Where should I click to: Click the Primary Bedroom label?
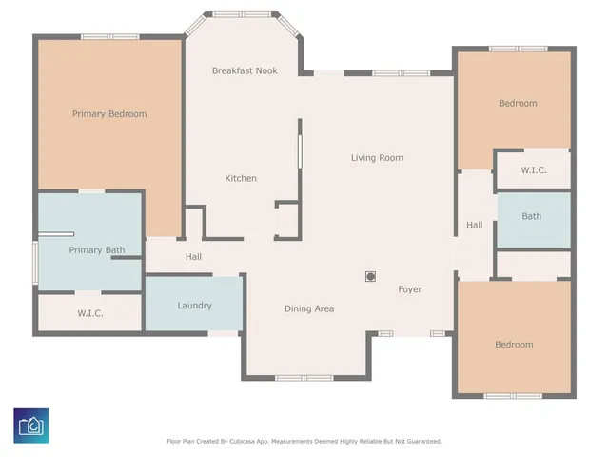pos(109,114)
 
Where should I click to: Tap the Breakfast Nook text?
pos(245,70)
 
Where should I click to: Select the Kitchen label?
pos(241,178)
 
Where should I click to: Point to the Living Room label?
pos(377,158)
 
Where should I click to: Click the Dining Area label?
pos(309,308)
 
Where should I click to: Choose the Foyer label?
pos(410,289)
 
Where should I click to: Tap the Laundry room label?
pos(194,306)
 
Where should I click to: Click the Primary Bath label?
pos(97,249)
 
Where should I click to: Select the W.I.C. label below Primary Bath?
pos(90,313)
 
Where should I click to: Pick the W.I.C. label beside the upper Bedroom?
pos(534,170)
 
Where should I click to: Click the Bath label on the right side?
pos(531,216)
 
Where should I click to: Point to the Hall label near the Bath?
pos(475,225)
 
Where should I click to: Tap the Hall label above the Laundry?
pos(193,257)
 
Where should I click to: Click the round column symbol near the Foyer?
pos(370,277)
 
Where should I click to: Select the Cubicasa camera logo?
pos(31,426)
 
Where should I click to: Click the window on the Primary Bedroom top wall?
pos(110,37)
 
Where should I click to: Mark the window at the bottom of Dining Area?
pos(304,378)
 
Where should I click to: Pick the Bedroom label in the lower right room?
pos(514,345)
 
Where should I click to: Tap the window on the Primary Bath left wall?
pos(35,263)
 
